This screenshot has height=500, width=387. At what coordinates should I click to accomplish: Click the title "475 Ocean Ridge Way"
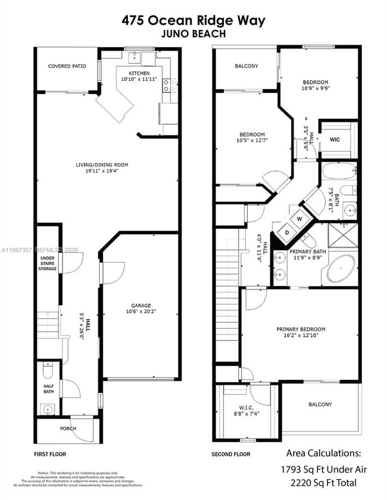click(193, 20)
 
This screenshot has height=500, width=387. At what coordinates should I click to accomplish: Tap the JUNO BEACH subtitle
click(193, 34)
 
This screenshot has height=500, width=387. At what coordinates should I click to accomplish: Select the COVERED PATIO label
click(67, 66)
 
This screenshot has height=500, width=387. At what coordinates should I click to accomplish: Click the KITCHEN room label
click(135, 73)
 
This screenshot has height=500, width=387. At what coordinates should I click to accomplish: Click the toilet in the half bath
click(49, 371)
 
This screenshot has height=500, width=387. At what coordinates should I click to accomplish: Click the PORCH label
click(68, 429)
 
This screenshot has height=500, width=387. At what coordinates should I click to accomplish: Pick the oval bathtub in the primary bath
click(340, 269)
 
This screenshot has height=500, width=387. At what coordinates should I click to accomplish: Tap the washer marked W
click(299, 219)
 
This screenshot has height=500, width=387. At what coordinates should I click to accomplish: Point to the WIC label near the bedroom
click(335, 140)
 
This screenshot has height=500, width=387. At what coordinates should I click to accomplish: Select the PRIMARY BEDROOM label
click(301, 329)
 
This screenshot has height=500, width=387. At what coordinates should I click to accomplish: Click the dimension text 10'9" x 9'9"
click(316, 88)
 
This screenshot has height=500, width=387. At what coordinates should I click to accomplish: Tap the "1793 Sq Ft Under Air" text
click(323, 469)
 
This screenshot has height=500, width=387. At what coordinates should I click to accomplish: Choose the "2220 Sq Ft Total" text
click(323, 483)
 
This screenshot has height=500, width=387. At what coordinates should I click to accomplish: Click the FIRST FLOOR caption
click(50, 454)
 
